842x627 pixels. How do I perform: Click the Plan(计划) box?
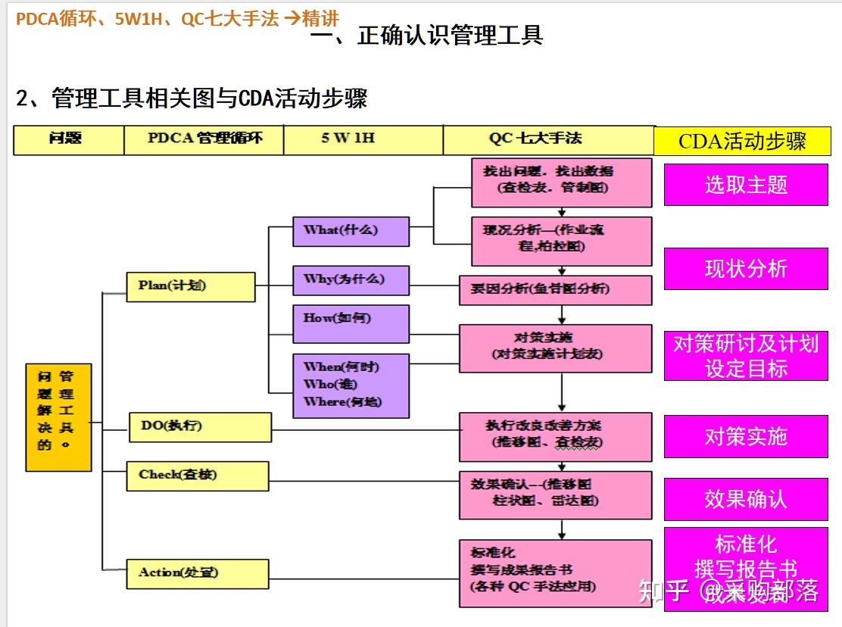point(191,286)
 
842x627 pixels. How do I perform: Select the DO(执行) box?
point(199,426)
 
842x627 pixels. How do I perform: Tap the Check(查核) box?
point(197,476)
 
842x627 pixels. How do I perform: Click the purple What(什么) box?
point(351,231)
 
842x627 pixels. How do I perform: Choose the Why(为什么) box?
point(351,279)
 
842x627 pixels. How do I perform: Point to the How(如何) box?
point(351,323)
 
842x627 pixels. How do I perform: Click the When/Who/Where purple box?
point(351,385)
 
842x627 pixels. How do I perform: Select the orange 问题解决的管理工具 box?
point(58,417)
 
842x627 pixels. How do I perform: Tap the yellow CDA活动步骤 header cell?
point(742,142)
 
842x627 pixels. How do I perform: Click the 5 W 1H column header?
point(363,140)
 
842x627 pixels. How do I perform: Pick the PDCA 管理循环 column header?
point(204,140)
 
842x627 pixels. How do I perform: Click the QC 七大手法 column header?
point(548,140)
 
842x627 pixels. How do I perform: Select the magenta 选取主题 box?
point(746,185)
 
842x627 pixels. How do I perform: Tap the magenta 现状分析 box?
point(746,269)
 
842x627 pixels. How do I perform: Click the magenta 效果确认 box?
point(746,499)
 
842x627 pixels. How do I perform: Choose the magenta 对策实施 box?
point(746,436)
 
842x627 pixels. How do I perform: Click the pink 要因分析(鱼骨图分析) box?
point(555,289)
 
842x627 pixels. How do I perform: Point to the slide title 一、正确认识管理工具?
point(427,36)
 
